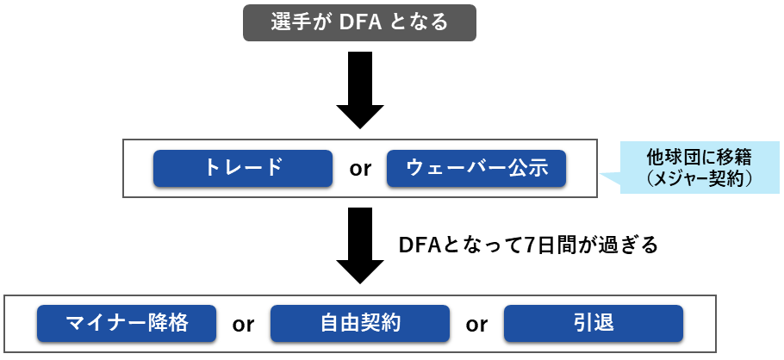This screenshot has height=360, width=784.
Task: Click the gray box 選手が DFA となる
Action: [359, 22]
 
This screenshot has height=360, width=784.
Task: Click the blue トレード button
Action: [243, 168]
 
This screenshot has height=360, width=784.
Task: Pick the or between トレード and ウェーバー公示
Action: [360, 169]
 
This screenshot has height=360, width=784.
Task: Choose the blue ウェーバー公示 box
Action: [476, 168]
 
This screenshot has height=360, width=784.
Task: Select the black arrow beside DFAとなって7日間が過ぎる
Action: [359, 245]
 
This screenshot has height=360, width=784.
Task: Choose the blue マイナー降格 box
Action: [127, 324]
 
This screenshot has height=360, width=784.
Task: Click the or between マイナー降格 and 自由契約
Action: [243, 325]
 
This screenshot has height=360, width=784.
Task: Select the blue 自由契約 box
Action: [360, 324]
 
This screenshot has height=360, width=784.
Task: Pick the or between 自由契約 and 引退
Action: [476, 325]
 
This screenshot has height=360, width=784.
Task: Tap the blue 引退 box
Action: [594, 324]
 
